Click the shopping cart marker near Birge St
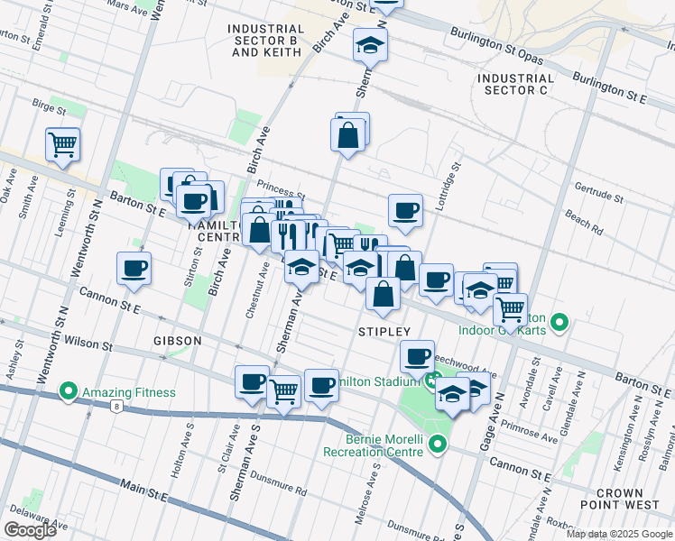(62, 143)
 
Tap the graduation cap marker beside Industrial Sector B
(369, 44)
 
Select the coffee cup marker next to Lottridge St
(405, 210)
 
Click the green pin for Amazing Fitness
(68, 392)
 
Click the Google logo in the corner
(30, 530)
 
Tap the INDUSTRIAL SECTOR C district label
(515, 85)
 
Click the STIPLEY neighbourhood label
(385, 332)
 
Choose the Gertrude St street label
(600, 194)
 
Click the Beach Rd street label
(584, 221)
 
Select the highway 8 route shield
(117, 407)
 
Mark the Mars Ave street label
(125, 5)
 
